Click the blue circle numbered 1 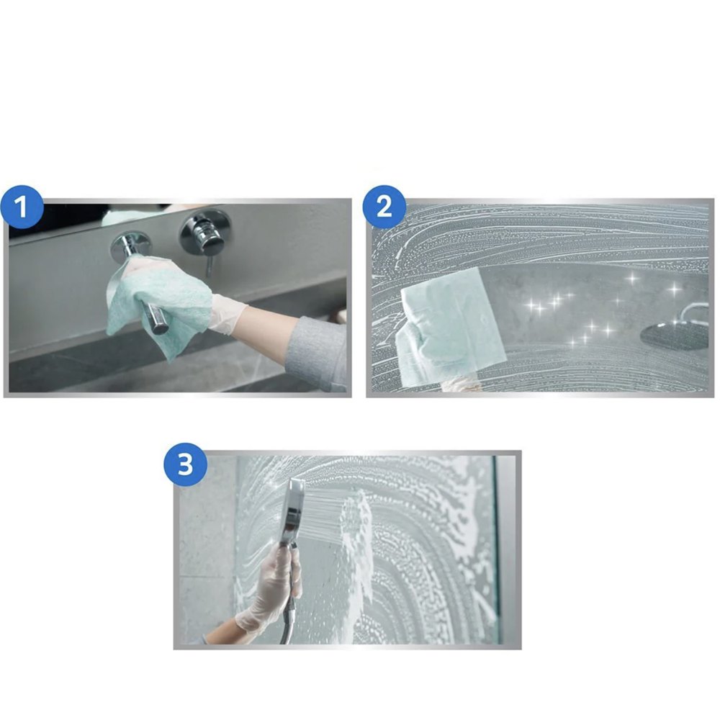(x=22, y=207)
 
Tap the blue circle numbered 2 (x=384, y=207)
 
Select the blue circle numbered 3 (x=186, y=464)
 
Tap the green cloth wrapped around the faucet (x=158, y=303)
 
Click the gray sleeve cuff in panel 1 (x=317, y=353)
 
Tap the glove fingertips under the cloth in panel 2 (x=462, y=387)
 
